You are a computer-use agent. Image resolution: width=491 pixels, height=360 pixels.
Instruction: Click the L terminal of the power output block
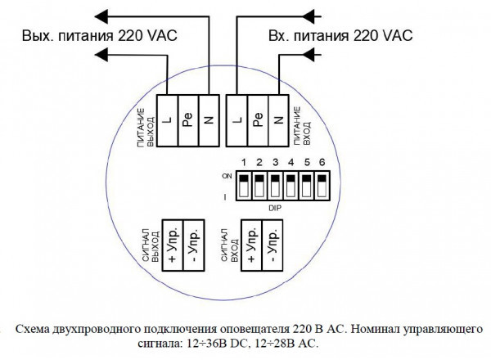tap(166, 120)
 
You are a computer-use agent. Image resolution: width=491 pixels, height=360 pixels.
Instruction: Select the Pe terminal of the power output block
tap(187, 120)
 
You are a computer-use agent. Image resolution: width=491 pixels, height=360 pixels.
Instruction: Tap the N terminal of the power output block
tap(209, 120)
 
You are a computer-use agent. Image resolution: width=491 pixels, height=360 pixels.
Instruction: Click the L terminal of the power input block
tap(236, 120)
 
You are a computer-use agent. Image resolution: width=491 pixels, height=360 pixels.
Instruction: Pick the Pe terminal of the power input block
tap(257, 120)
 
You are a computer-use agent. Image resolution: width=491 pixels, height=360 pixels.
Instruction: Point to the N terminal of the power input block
tap(278, 120)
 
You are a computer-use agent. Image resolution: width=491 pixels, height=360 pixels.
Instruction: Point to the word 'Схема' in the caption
tap(34, 327)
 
